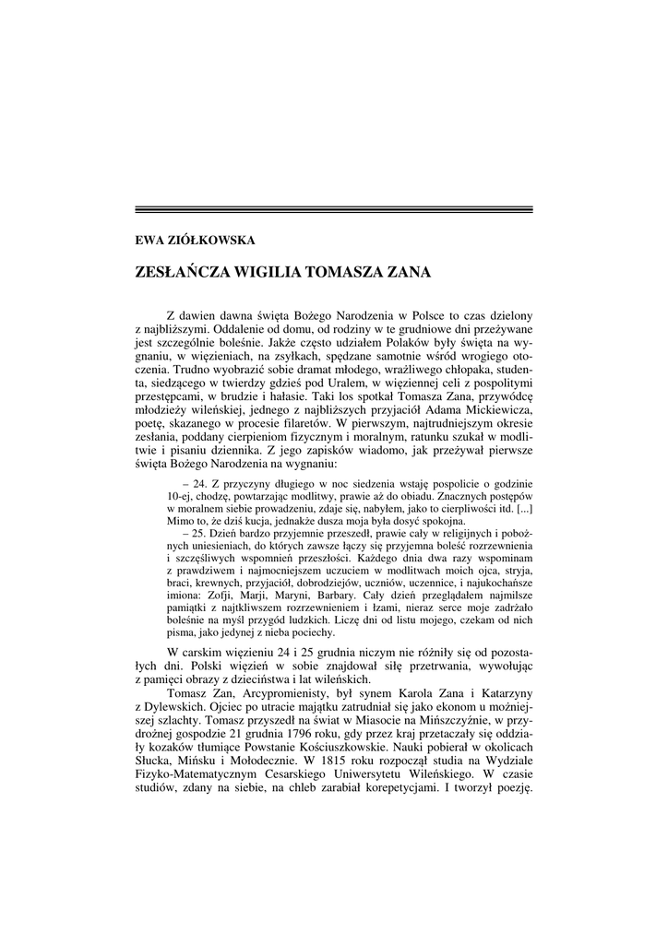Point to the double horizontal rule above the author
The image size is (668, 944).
(334, 210)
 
